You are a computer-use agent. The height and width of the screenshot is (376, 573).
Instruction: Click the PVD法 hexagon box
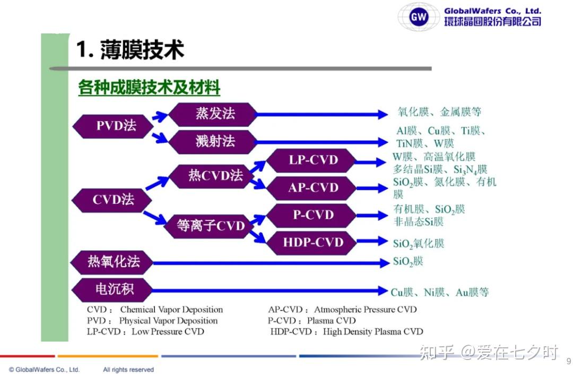[113, 126]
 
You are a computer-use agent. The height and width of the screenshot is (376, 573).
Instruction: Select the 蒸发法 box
[213, 114]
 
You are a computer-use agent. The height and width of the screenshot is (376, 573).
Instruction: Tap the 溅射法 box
[213, 142]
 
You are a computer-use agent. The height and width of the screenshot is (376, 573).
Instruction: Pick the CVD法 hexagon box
[112, 200]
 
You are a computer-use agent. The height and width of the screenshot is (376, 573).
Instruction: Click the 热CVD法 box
[212, 176]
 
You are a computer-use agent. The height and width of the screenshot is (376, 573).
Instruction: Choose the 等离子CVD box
[209, 226]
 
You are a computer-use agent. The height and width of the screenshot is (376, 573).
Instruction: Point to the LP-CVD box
[311, 160]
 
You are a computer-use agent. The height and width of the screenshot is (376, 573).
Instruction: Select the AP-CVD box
[311, 188]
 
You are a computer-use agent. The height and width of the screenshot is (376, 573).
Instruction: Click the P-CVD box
[311, 216]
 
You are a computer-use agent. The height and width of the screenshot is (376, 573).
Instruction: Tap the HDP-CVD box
[311, 243]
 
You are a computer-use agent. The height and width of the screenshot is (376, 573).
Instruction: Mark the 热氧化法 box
[112, 262]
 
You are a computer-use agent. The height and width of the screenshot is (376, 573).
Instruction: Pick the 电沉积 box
[112, 290]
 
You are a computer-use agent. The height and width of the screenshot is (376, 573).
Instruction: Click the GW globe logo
[419, 16]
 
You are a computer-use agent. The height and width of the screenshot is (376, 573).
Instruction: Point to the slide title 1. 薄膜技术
[130, 50]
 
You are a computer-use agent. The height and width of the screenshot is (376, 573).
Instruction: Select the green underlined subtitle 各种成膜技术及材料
[149, 88]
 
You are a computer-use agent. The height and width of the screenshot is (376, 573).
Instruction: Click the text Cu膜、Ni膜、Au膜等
[440, 292]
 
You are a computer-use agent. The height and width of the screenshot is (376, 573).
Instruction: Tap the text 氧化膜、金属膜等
[439, 112]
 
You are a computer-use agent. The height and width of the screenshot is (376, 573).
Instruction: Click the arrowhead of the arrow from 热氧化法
[385, 263]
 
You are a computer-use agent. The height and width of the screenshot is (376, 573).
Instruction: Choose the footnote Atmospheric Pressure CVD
[366, 310]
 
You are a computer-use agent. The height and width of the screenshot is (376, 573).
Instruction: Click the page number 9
[569, 362]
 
